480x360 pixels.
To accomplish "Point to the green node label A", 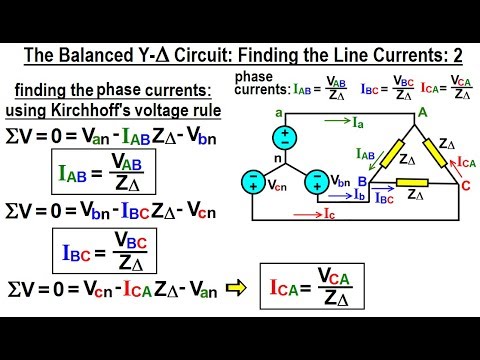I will coord(423,113).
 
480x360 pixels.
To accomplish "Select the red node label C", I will coord(463,184).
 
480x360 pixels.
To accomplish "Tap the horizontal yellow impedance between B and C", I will coord(413,182).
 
